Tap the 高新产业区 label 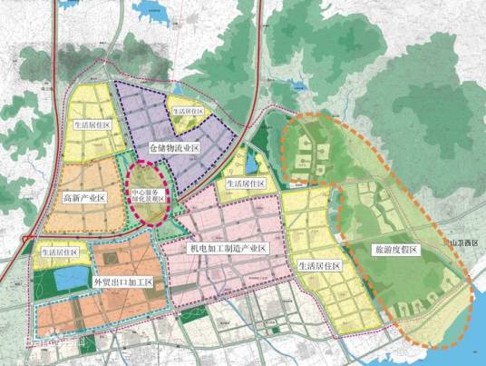(x=85, y=197)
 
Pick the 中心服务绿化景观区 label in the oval (x=149, y=196)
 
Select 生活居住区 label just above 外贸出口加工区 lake (x=61, y=252)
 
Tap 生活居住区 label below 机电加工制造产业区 (x=318, y=266)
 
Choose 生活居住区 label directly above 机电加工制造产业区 (x=247, y=183)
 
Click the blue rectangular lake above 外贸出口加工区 (x=69, y=278)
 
